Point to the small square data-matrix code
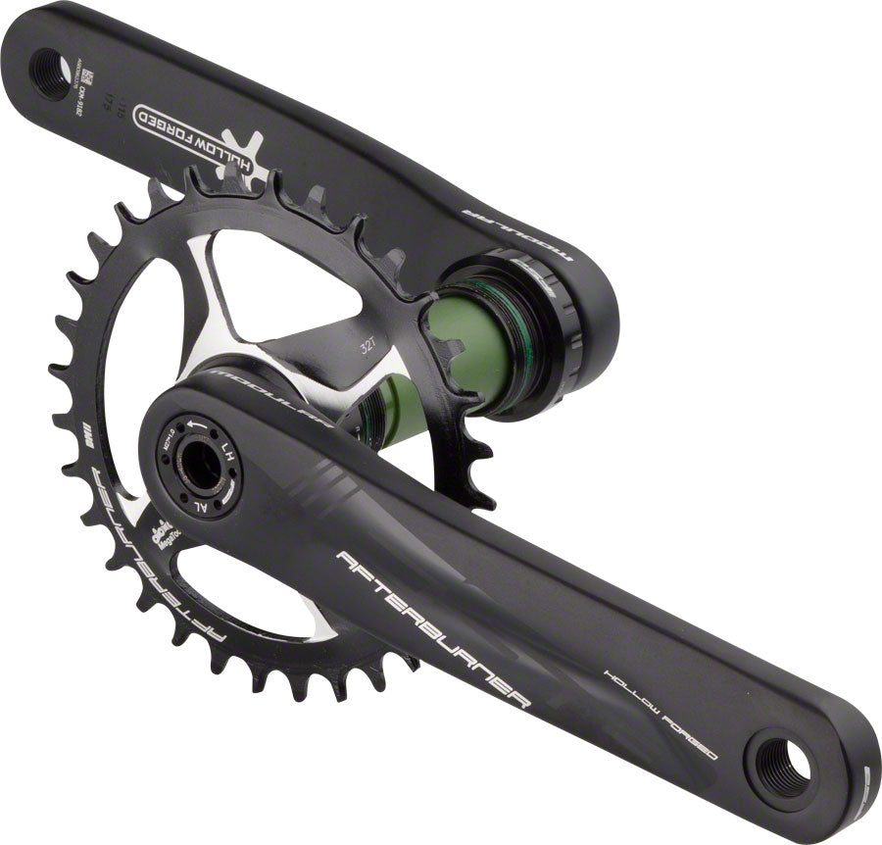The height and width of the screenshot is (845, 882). tap(84, 75)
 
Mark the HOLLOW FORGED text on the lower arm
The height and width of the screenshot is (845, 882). tap(659, 715)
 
